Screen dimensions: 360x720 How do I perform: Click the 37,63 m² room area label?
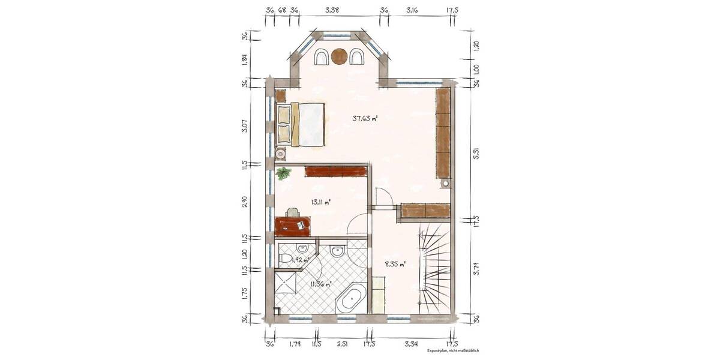(x=365, y=118)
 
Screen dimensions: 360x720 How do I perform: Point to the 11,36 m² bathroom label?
(x=320, y=284)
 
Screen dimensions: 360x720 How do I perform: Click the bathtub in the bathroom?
(x=352, y=299)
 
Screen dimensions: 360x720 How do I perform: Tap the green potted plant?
(x=283, y=174)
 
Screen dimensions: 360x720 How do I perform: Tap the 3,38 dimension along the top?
(x=332, y=10)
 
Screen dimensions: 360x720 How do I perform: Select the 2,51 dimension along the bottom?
(x=343, y=344)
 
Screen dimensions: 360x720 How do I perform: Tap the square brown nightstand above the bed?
(x=281, y=95)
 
